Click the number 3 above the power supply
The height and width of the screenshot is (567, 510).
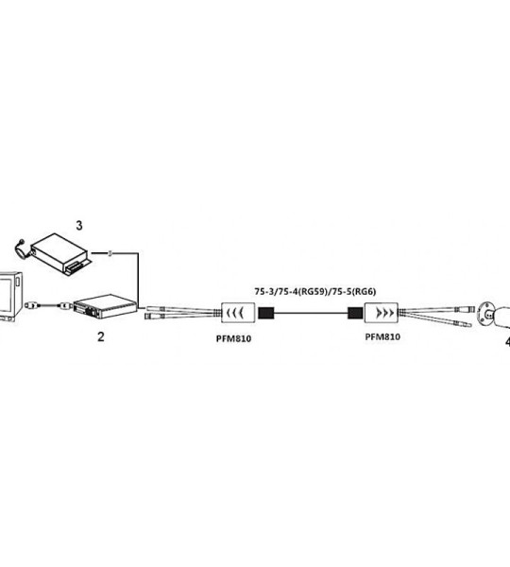pos(79,225)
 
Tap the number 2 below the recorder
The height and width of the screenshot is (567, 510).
pos(101,336)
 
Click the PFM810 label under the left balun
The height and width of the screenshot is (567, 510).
pos(233,339)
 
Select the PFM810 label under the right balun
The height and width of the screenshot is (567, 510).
pos(382,337)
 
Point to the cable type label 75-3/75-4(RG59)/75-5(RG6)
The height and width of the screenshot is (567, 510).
pos(315,291)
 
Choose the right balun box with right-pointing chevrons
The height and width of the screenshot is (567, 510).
pos(381,313)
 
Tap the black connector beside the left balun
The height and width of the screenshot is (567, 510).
pos(266,313)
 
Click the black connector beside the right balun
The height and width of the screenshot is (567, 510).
pos(355,313)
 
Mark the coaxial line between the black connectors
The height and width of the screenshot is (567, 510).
pos(311,313)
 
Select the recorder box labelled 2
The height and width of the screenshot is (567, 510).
pos(106,306)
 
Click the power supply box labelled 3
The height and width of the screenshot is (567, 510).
pos(60,254)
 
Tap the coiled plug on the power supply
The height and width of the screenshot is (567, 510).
pos(21,249)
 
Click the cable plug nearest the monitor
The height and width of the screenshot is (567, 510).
pos(31,306)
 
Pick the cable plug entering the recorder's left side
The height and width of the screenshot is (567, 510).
pos(65,306)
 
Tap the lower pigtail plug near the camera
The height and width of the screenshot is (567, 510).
pos(467,324)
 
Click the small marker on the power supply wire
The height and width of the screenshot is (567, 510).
pos(110,253)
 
